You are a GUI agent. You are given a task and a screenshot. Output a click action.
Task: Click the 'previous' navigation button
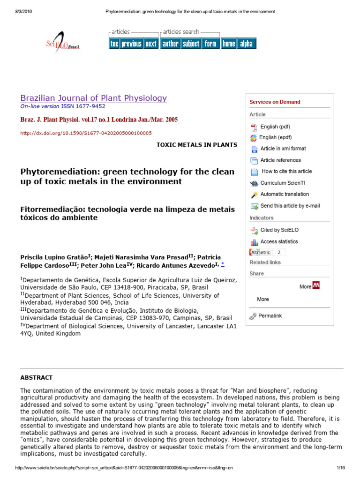(131, 44)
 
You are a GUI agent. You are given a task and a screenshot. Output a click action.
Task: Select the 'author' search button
(170, 44)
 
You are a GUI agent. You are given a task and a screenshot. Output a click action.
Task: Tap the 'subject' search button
(191, 44)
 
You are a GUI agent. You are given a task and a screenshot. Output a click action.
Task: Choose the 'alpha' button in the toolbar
(246, 44)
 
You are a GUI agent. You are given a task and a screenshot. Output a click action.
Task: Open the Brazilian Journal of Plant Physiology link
(93, 98)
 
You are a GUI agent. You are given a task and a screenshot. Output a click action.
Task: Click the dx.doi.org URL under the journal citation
(86, 133)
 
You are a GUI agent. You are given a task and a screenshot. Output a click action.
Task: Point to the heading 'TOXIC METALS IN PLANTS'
(196, 145)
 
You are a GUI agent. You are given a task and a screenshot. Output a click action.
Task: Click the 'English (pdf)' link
(275, 127)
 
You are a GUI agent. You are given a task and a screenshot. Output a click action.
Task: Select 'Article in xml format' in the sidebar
(283, 149)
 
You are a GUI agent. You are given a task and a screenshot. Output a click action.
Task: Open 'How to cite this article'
(286, 172)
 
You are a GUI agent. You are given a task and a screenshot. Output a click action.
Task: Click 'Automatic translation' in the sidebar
(285, 194)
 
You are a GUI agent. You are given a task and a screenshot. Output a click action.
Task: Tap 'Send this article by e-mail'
(290, 206)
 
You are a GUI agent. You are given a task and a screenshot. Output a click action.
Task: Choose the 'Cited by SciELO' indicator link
(279, 230)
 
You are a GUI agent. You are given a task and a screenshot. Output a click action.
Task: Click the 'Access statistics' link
(279, 242)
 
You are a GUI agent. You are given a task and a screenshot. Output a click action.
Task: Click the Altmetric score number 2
(279, 252)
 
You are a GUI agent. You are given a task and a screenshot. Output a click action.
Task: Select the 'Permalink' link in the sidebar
(270, 316)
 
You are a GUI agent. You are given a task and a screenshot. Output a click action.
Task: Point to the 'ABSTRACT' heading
(37, 377)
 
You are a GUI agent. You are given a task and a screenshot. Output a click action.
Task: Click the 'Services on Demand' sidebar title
(275, 102)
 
